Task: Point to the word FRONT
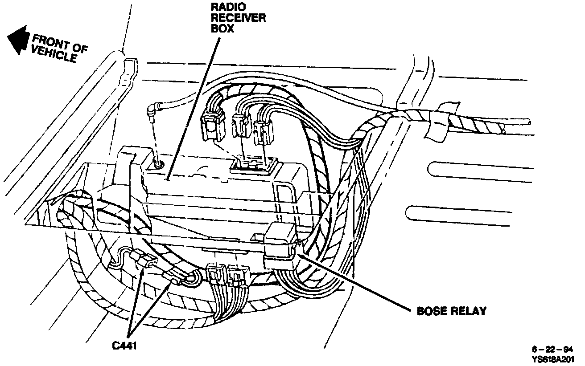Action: coord(53,42)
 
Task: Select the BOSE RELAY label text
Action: coord(451,311)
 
